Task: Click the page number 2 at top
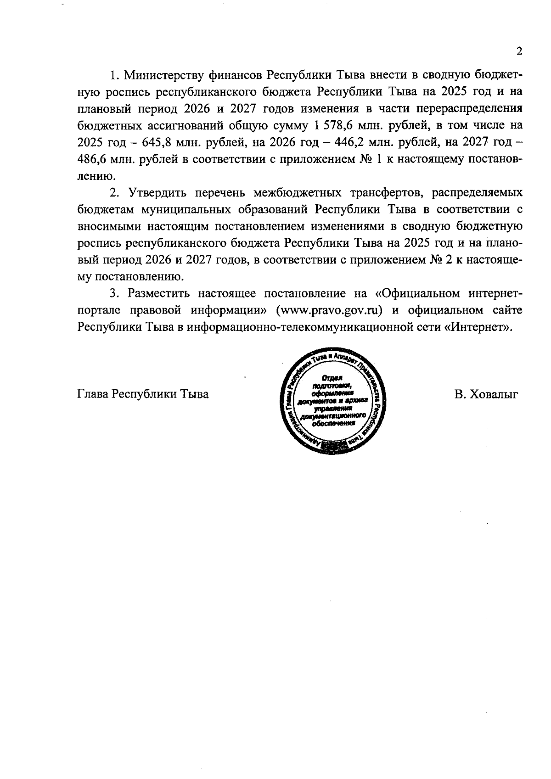pos(519,51)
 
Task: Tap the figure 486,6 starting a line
pos(92,159)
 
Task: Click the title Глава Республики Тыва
pos(143,394)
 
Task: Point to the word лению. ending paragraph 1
pos(94,176)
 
